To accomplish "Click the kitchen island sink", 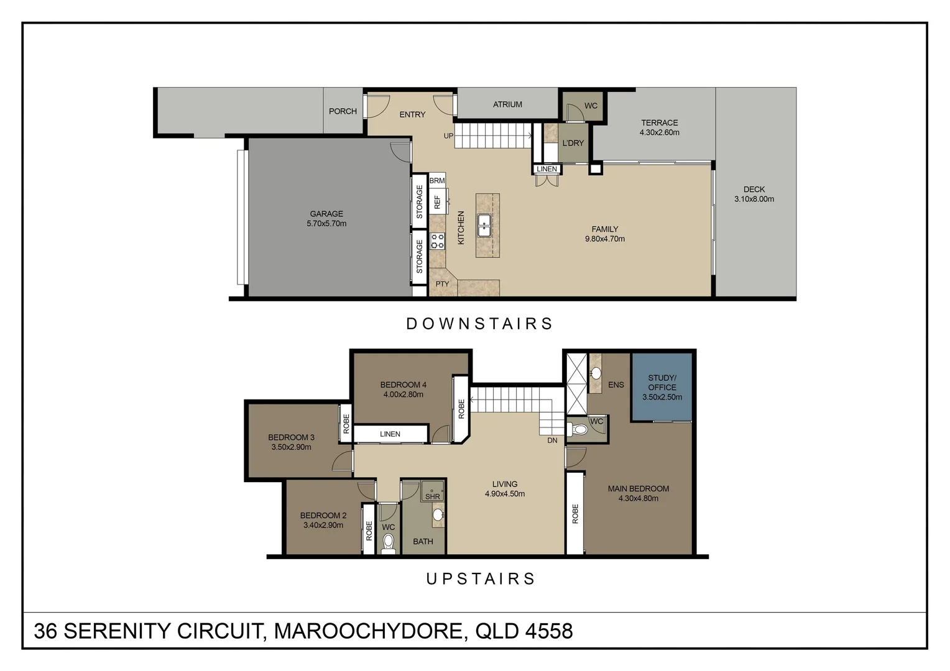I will pyautogui.click(x=484, y=226).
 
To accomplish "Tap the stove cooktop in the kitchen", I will pyautogui.click(x=438, y=240).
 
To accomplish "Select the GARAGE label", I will pyautogui.click(x=326, y=214).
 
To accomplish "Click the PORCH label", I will pyautogui.click(x=343, y=111).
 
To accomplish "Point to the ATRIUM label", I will pyautogui.click(x=507, y=104).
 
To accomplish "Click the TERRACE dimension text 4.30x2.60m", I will pyautogui.click(x=659, y=132).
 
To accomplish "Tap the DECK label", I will pyautogui.click(x=754, y=189).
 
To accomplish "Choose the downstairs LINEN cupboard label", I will pyautogui.click(x=547, y=169).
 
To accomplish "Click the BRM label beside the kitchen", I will pyautogui.click(x=437, y=181).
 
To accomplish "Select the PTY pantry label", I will pyautogui.click(x=442, y=284).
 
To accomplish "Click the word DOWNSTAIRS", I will pyautogui.click(x=479, y=324).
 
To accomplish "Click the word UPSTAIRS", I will pyautogui.click(x=481, y=579).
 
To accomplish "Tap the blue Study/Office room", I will pyautogui.click(x=662, y=387).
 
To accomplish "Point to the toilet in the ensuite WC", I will pyautogui.click(x=579, y=429).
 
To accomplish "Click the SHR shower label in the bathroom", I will pyautogui.click(x=433, y=496).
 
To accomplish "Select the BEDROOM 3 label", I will pyautogui.click(x=291, y=437).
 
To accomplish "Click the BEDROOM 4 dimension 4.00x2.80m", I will pyautogui.click(x=403, y=395).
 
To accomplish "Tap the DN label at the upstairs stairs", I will pyautogui.click(x=552, y=440).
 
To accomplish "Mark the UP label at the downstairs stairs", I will pyautogui.click(x=448, y=136).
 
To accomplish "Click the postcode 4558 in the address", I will pyautogui.click(x=548, y=631).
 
